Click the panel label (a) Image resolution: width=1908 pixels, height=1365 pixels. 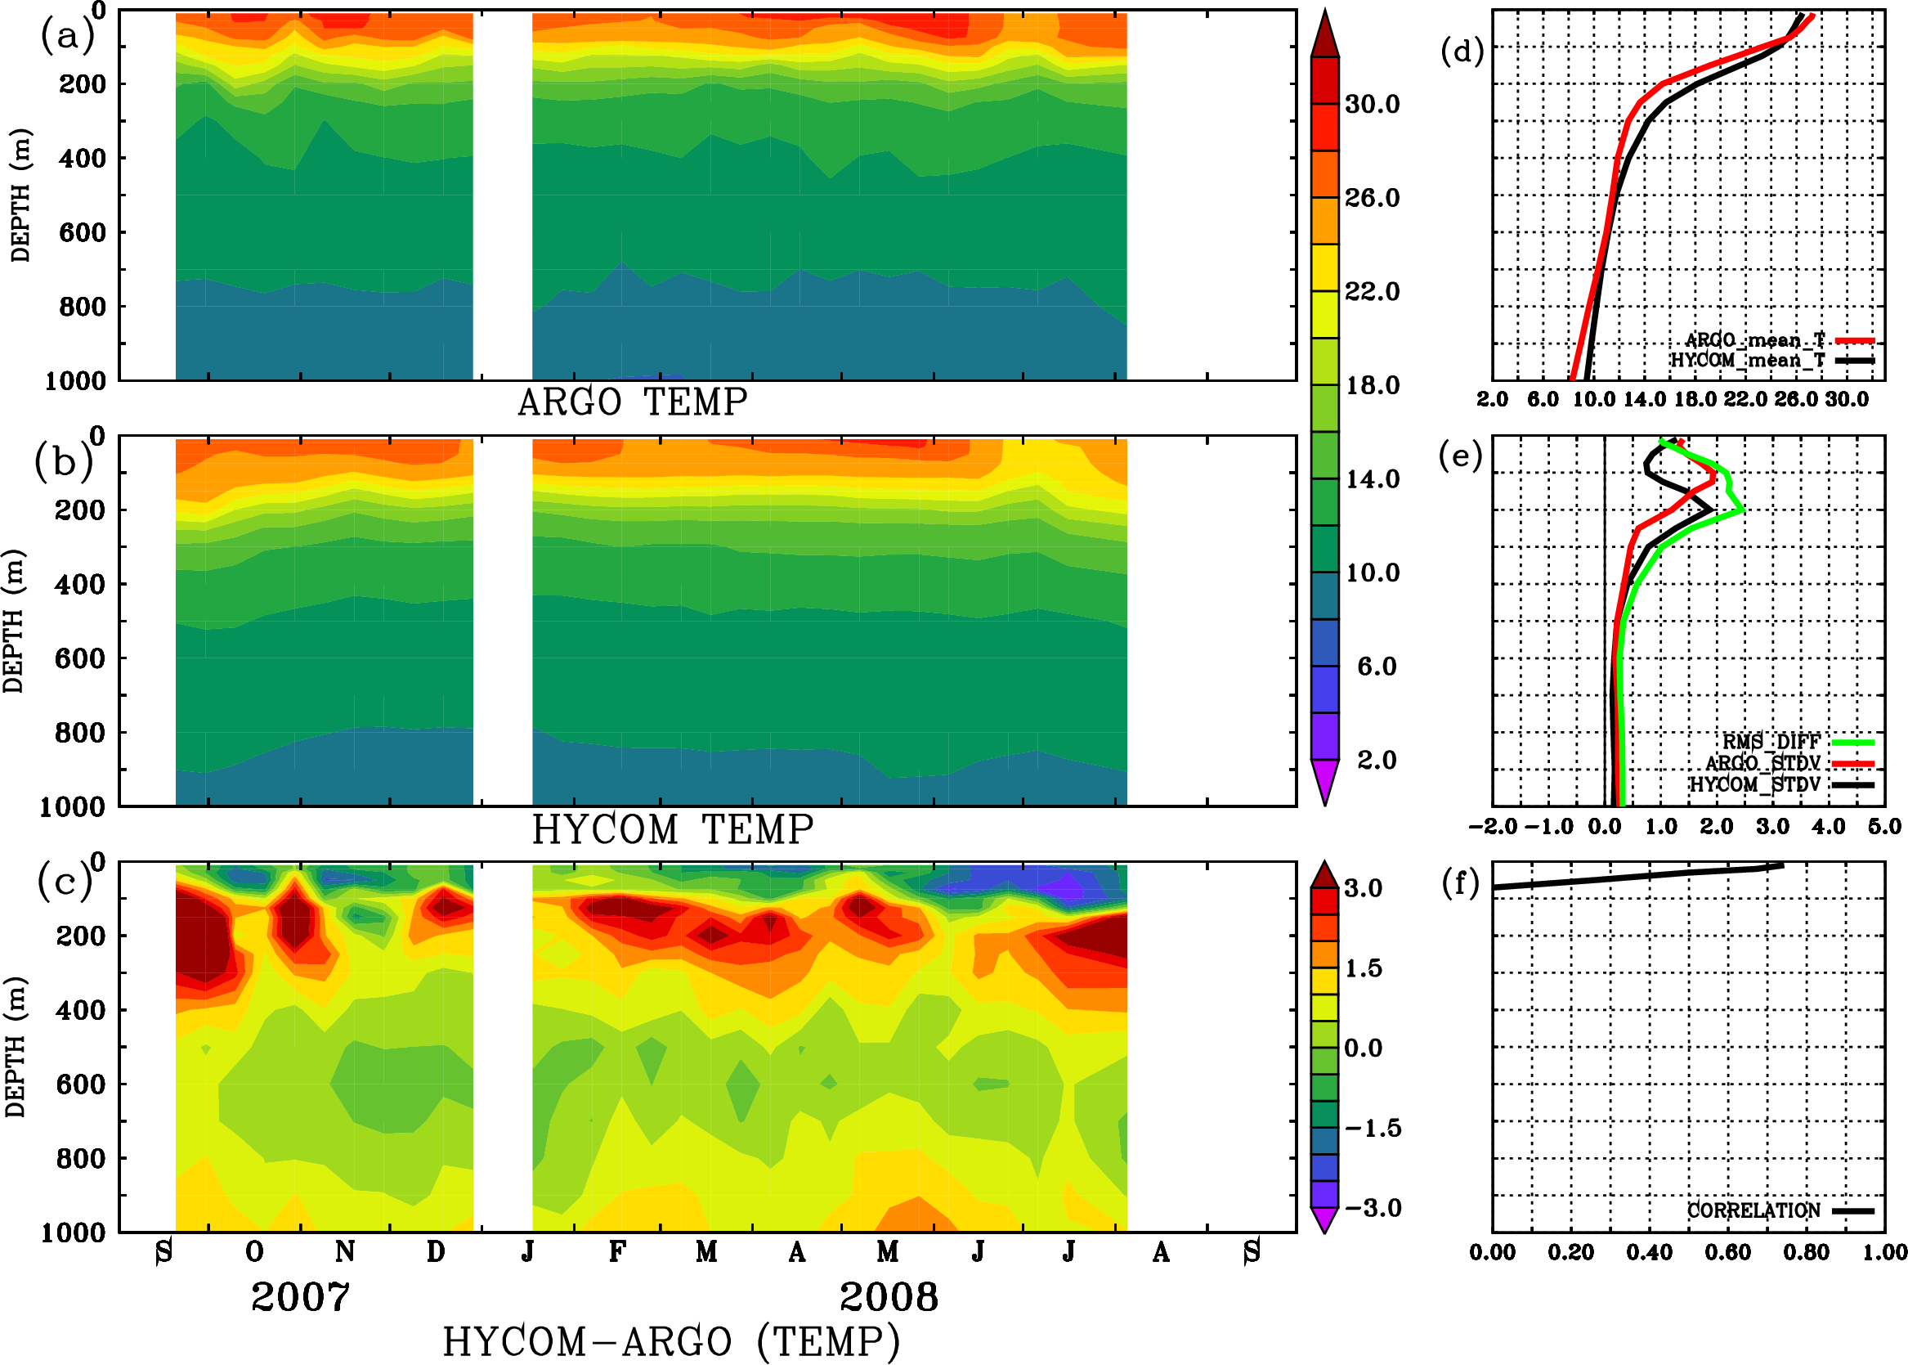point(67,36)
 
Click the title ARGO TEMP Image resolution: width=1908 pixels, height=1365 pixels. point(633,402)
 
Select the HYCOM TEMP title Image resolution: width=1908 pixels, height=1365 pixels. point(673,829)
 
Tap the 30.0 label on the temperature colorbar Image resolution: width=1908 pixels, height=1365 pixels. point(1372,104)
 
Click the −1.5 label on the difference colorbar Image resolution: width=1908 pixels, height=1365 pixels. point(1373,1128)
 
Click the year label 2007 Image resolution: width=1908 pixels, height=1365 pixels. point(300,1298)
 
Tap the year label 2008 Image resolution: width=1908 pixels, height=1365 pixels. point(889,1298)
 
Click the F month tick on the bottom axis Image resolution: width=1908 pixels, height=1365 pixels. point(616,1252)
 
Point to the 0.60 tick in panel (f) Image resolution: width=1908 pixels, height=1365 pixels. point(1728,1252)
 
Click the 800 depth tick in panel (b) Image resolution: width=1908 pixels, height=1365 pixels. point(81,732)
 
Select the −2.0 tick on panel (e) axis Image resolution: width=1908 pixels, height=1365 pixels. point(1493,827)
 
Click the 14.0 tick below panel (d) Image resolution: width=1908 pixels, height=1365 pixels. point(1644,399)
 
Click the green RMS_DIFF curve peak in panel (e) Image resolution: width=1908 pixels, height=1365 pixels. point(1744,510)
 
